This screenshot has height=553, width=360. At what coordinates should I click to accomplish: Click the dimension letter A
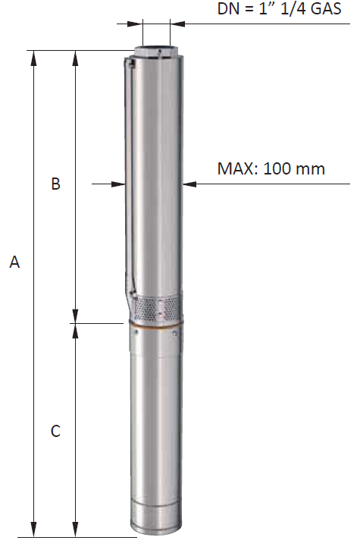(14, 262)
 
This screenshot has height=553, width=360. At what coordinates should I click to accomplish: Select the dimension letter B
(55, 184)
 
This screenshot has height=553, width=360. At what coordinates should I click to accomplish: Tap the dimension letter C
(55, 431)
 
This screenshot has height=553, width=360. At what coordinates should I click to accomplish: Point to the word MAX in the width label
(235, 168)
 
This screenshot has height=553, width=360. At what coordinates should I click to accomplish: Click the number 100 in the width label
(277, 168)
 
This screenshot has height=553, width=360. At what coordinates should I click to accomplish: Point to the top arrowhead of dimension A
(34, 58)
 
